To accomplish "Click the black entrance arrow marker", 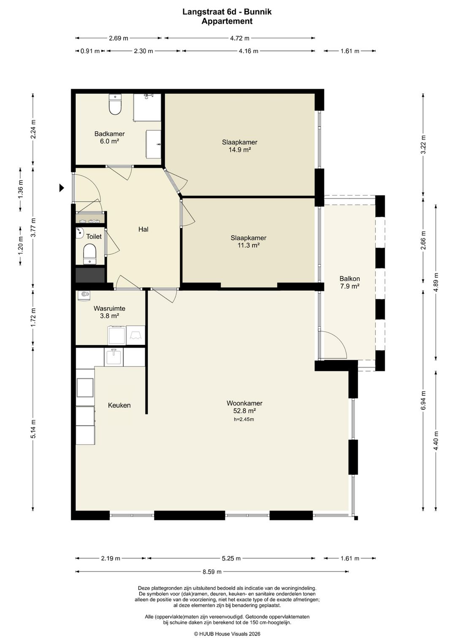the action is [x=61, y=188].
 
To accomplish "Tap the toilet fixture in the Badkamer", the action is [x=115, y=104].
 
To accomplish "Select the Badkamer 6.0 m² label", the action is [x=109, y=138].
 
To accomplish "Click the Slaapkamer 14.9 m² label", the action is [x=239, y=146].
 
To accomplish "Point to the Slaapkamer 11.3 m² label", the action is [x=248, y=241].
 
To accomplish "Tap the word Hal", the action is [x=143, y=229].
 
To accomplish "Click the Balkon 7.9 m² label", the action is [x=350, y=282].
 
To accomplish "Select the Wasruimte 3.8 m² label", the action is [x=109, y=312].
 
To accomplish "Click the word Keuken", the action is [x=119, y=406].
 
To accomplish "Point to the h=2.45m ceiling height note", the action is [x=244, y=419].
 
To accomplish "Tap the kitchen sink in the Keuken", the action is [x=114, y=357].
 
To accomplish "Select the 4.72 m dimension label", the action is [x=240, y=38].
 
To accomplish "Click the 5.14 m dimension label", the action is [x=33, y=429].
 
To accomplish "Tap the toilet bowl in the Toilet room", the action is [x=90, y=254].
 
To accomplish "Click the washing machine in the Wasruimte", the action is [x=117, y=335].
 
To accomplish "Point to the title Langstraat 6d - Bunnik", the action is [x=227, y=12].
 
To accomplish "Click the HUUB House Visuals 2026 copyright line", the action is [x=227, y=633].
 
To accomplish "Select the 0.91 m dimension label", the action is [x=90, y=51].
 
